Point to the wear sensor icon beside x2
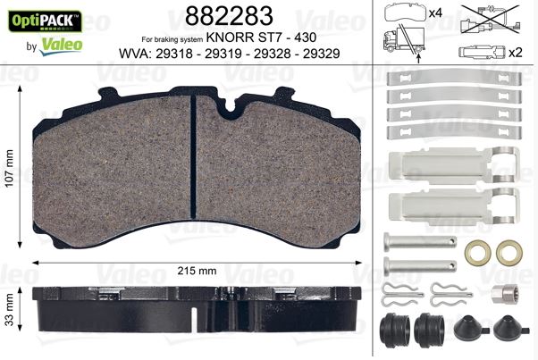pyautogui.click(x=482, y=52)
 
